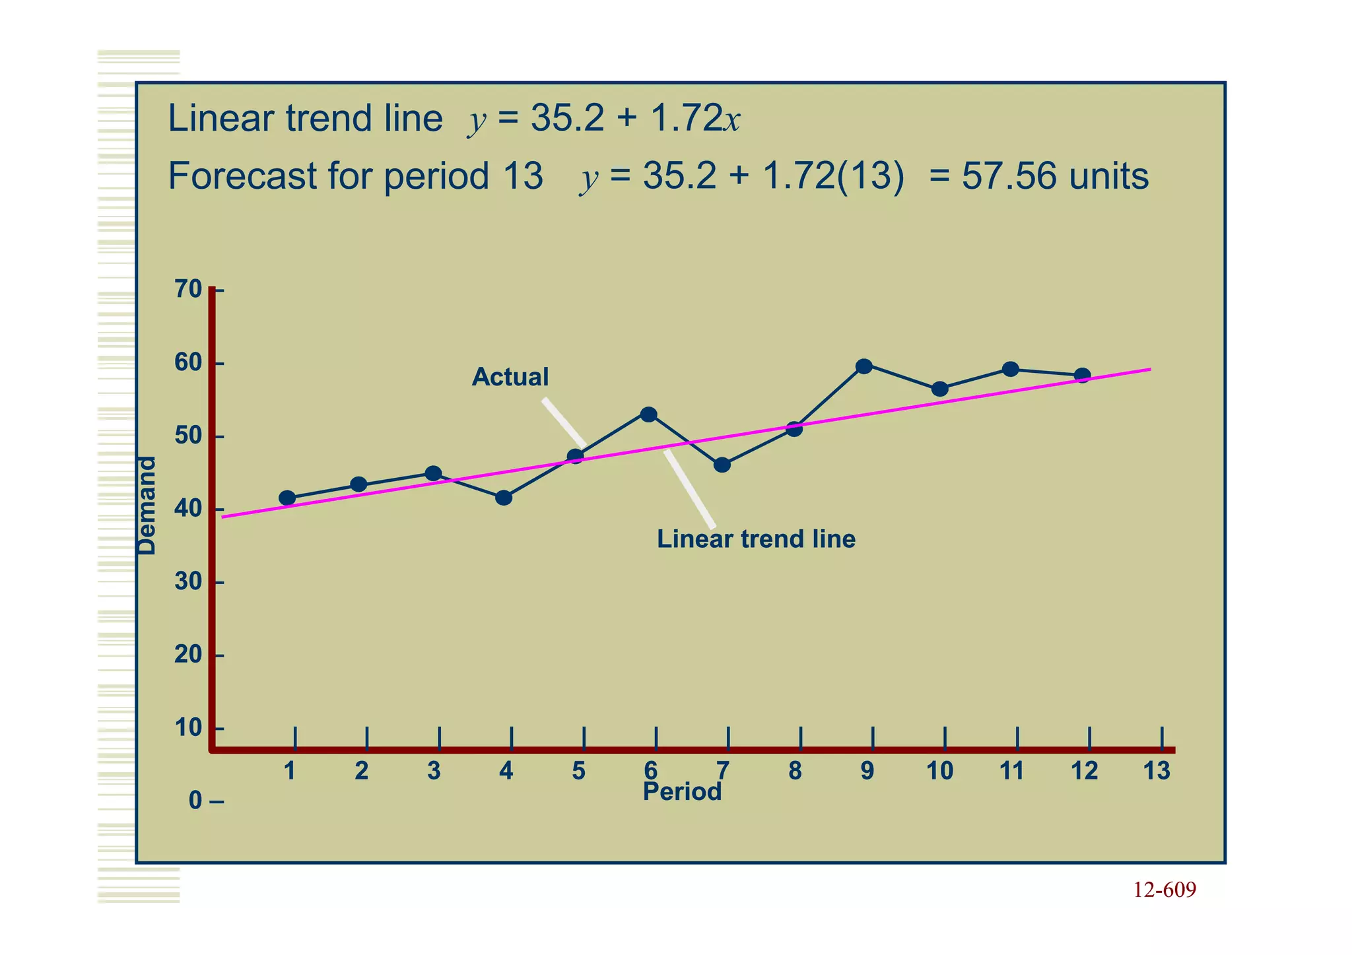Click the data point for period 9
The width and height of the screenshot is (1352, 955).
tap(863, 366)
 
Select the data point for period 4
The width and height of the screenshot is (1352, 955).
tap(504, 498)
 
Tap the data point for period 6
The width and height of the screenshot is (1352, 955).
tap(649, 414)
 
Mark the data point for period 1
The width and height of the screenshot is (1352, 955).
tap(287, 498)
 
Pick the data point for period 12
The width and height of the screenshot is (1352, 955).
tap(1082, 376)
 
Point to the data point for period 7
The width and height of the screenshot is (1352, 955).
tap(722, 465)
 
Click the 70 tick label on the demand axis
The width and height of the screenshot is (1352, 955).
tap(188, 289)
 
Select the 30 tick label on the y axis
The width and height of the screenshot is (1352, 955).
tap(188, 582)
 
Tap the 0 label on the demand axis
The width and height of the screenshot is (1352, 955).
tap(195, 801)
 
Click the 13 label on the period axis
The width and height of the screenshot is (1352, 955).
tap(1157, 771)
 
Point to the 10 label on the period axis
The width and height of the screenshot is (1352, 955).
tap(939, 771)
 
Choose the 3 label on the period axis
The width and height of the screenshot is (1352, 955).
tap(434, 771)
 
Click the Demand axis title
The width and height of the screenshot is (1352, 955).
tap(147, 506)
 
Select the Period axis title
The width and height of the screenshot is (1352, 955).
tap(682, 792)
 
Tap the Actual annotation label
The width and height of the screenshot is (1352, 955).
tap(510, 377)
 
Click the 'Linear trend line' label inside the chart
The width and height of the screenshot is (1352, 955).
tap(756, 539)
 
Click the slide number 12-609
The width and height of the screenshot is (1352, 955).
tap(1165, 890)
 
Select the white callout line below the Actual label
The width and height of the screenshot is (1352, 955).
tap(564, 423)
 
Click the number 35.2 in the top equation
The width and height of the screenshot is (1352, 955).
tap(567, 119)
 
